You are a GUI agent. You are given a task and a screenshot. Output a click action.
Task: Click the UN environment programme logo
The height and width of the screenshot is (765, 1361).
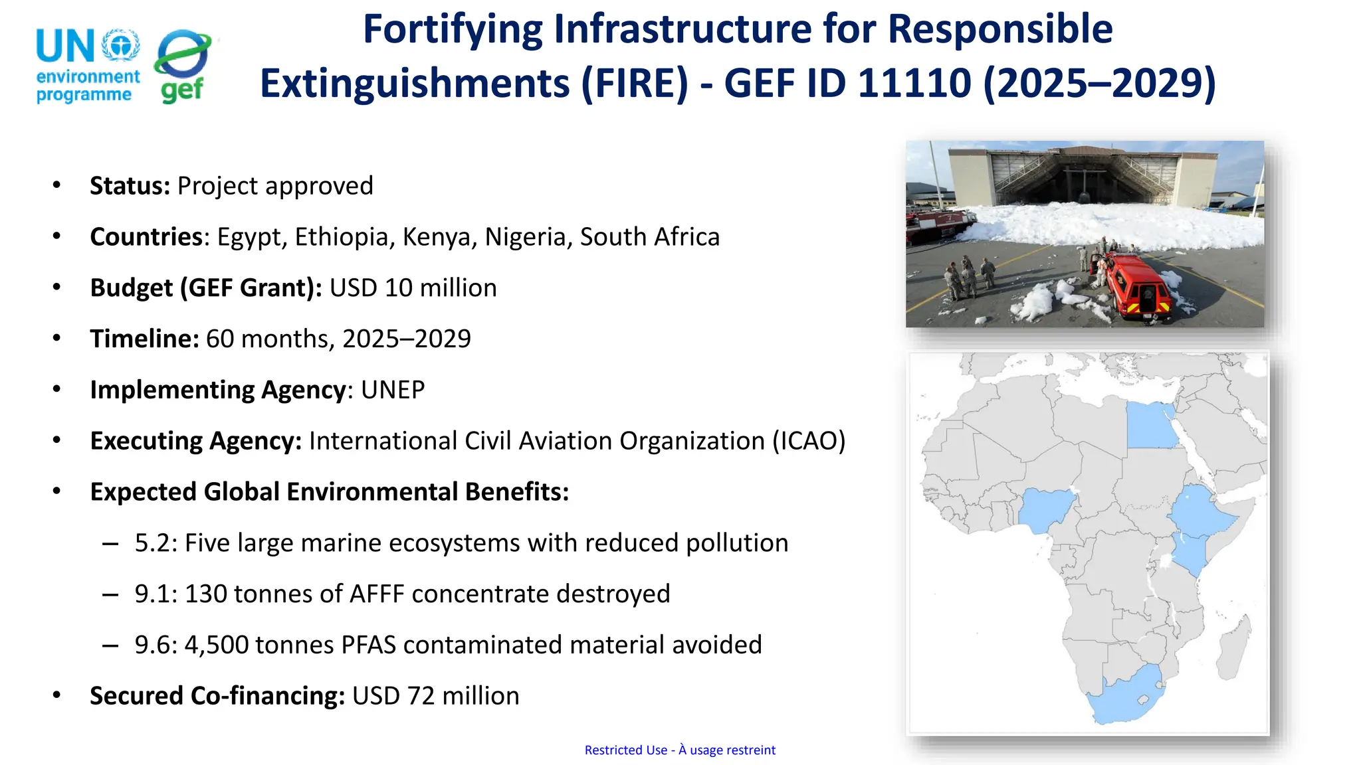pyautogui.click(x=88, y=66)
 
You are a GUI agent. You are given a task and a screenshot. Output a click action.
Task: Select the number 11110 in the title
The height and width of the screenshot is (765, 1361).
pyautogui.click(x=914, y=84)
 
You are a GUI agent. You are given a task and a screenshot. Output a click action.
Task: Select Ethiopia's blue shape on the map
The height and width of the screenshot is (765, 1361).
pyautogui.click(x=1202, y=511)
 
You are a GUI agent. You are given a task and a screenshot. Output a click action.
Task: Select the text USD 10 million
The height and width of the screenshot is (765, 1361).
pyautogui.click(x=413, y=288)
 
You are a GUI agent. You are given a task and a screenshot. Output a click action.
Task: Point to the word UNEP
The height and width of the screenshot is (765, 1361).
pyautogui.click(x=392, y=390)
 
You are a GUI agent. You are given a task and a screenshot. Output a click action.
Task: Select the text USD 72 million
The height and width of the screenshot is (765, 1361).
pyautogui.click(x=435, y=696)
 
